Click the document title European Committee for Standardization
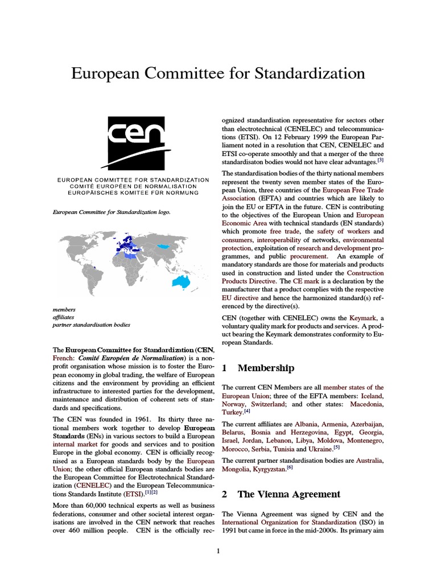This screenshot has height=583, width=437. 218,73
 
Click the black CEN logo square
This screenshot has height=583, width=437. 133,143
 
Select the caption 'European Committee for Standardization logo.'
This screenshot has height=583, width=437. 112,212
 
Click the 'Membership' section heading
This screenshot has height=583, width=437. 266,368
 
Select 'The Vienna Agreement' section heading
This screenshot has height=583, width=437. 288,494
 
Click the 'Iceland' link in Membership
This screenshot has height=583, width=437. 370,395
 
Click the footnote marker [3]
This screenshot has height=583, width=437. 381,161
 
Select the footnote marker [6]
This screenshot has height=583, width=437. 290,467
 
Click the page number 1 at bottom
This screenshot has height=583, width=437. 218,552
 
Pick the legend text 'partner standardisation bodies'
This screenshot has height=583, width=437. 92,325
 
